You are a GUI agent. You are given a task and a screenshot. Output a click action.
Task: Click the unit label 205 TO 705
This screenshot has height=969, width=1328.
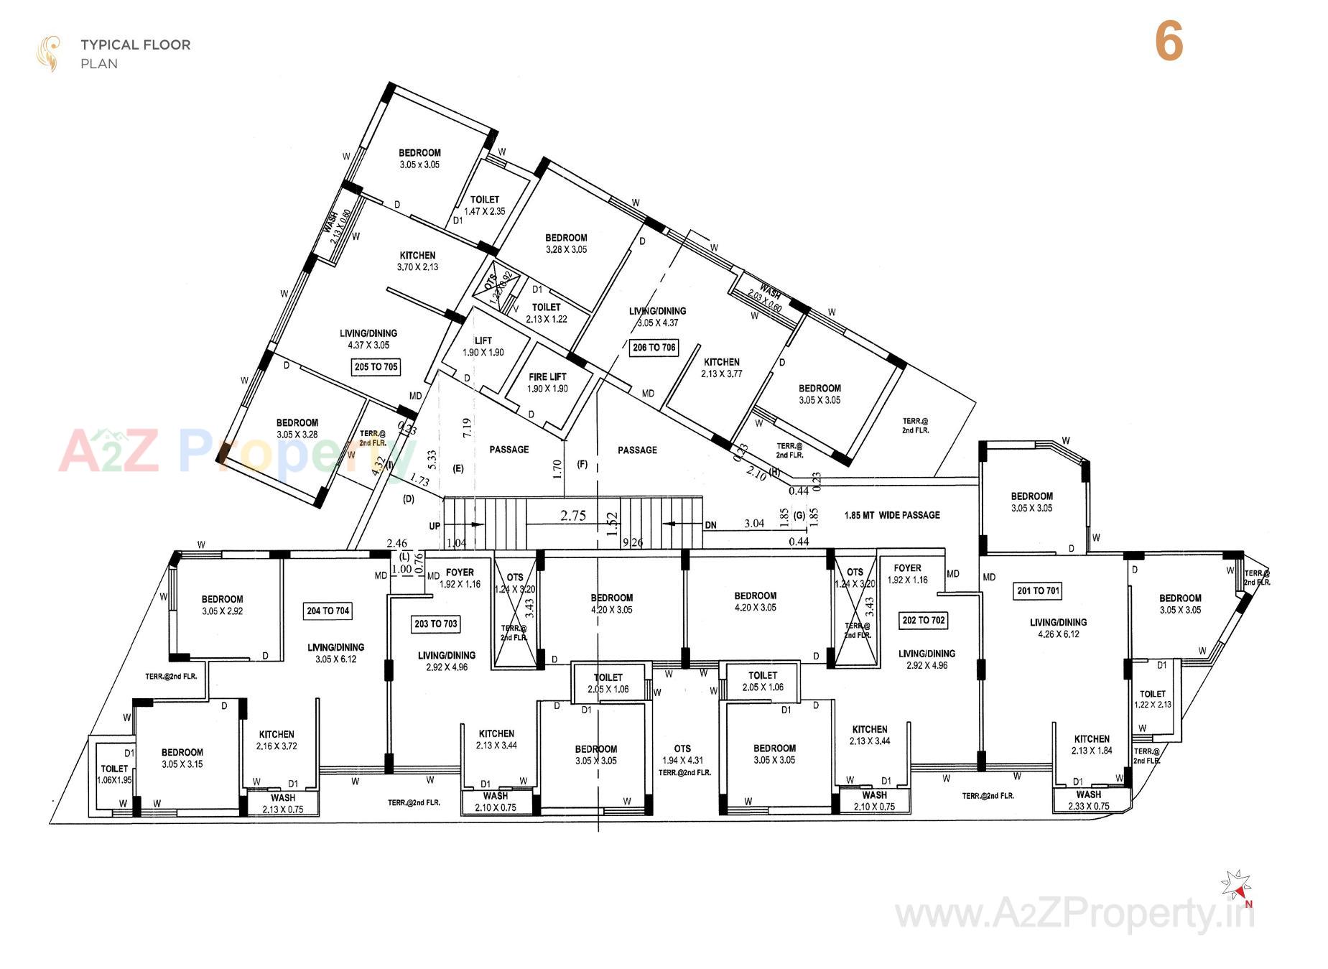(x=376, y=367)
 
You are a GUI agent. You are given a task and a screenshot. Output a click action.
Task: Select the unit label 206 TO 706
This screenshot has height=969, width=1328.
(x=654, y=348)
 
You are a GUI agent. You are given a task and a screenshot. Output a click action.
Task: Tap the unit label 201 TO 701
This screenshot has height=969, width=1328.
(x=1038, y=591)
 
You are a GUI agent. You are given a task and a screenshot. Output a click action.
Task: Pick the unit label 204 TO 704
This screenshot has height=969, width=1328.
(x=328, y=611)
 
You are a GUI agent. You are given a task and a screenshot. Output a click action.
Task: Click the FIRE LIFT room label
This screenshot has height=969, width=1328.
(x=547, y=382)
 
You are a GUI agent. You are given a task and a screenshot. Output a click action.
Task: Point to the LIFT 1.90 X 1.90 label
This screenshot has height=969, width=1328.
(x=483, y=346)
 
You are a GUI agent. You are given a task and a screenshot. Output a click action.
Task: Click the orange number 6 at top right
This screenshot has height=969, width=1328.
(x=1169, y=42)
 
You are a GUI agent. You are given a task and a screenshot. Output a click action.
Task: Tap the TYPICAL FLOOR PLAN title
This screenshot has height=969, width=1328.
(x=135, y=53)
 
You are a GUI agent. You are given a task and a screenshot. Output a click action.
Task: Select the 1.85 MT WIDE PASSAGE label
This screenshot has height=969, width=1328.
(x=892, y=515)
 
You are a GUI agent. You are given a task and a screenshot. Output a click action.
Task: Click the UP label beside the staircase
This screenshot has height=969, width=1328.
(x=435, y=526)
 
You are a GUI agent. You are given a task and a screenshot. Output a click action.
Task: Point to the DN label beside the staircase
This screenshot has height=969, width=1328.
(x=710, y=525)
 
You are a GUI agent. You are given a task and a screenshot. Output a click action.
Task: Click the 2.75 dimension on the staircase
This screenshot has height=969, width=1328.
(x=573, y=516)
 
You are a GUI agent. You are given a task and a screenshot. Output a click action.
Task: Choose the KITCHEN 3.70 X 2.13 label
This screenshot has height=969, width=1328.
(x=417, y=261)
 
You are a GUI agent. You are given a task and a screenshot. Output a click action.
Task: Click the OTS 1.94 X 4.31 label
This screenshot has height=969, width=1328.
(x=682, y=754)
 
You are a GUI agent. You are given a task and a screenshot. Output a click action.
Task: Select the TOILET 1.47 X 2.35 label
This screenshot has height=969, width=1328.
(x=485, y=205)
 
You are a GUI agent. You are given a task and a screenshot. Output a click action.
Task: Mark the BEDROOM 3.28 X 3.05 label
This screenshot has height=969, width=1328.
(x=566, y=244)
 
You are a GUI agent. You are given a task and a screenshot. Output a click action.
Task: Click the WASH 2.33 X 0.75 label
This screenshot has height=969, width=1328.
(x=1088, y=800)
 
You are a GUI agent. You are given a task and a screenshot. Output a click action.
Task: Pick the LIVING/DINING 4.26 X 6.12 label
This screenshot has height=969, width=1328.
(x=1058, y=628)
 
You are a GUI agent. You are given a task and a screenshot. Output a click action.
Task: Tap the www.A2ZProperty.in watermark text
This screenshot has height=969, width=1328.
(x=1074, y=914)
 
